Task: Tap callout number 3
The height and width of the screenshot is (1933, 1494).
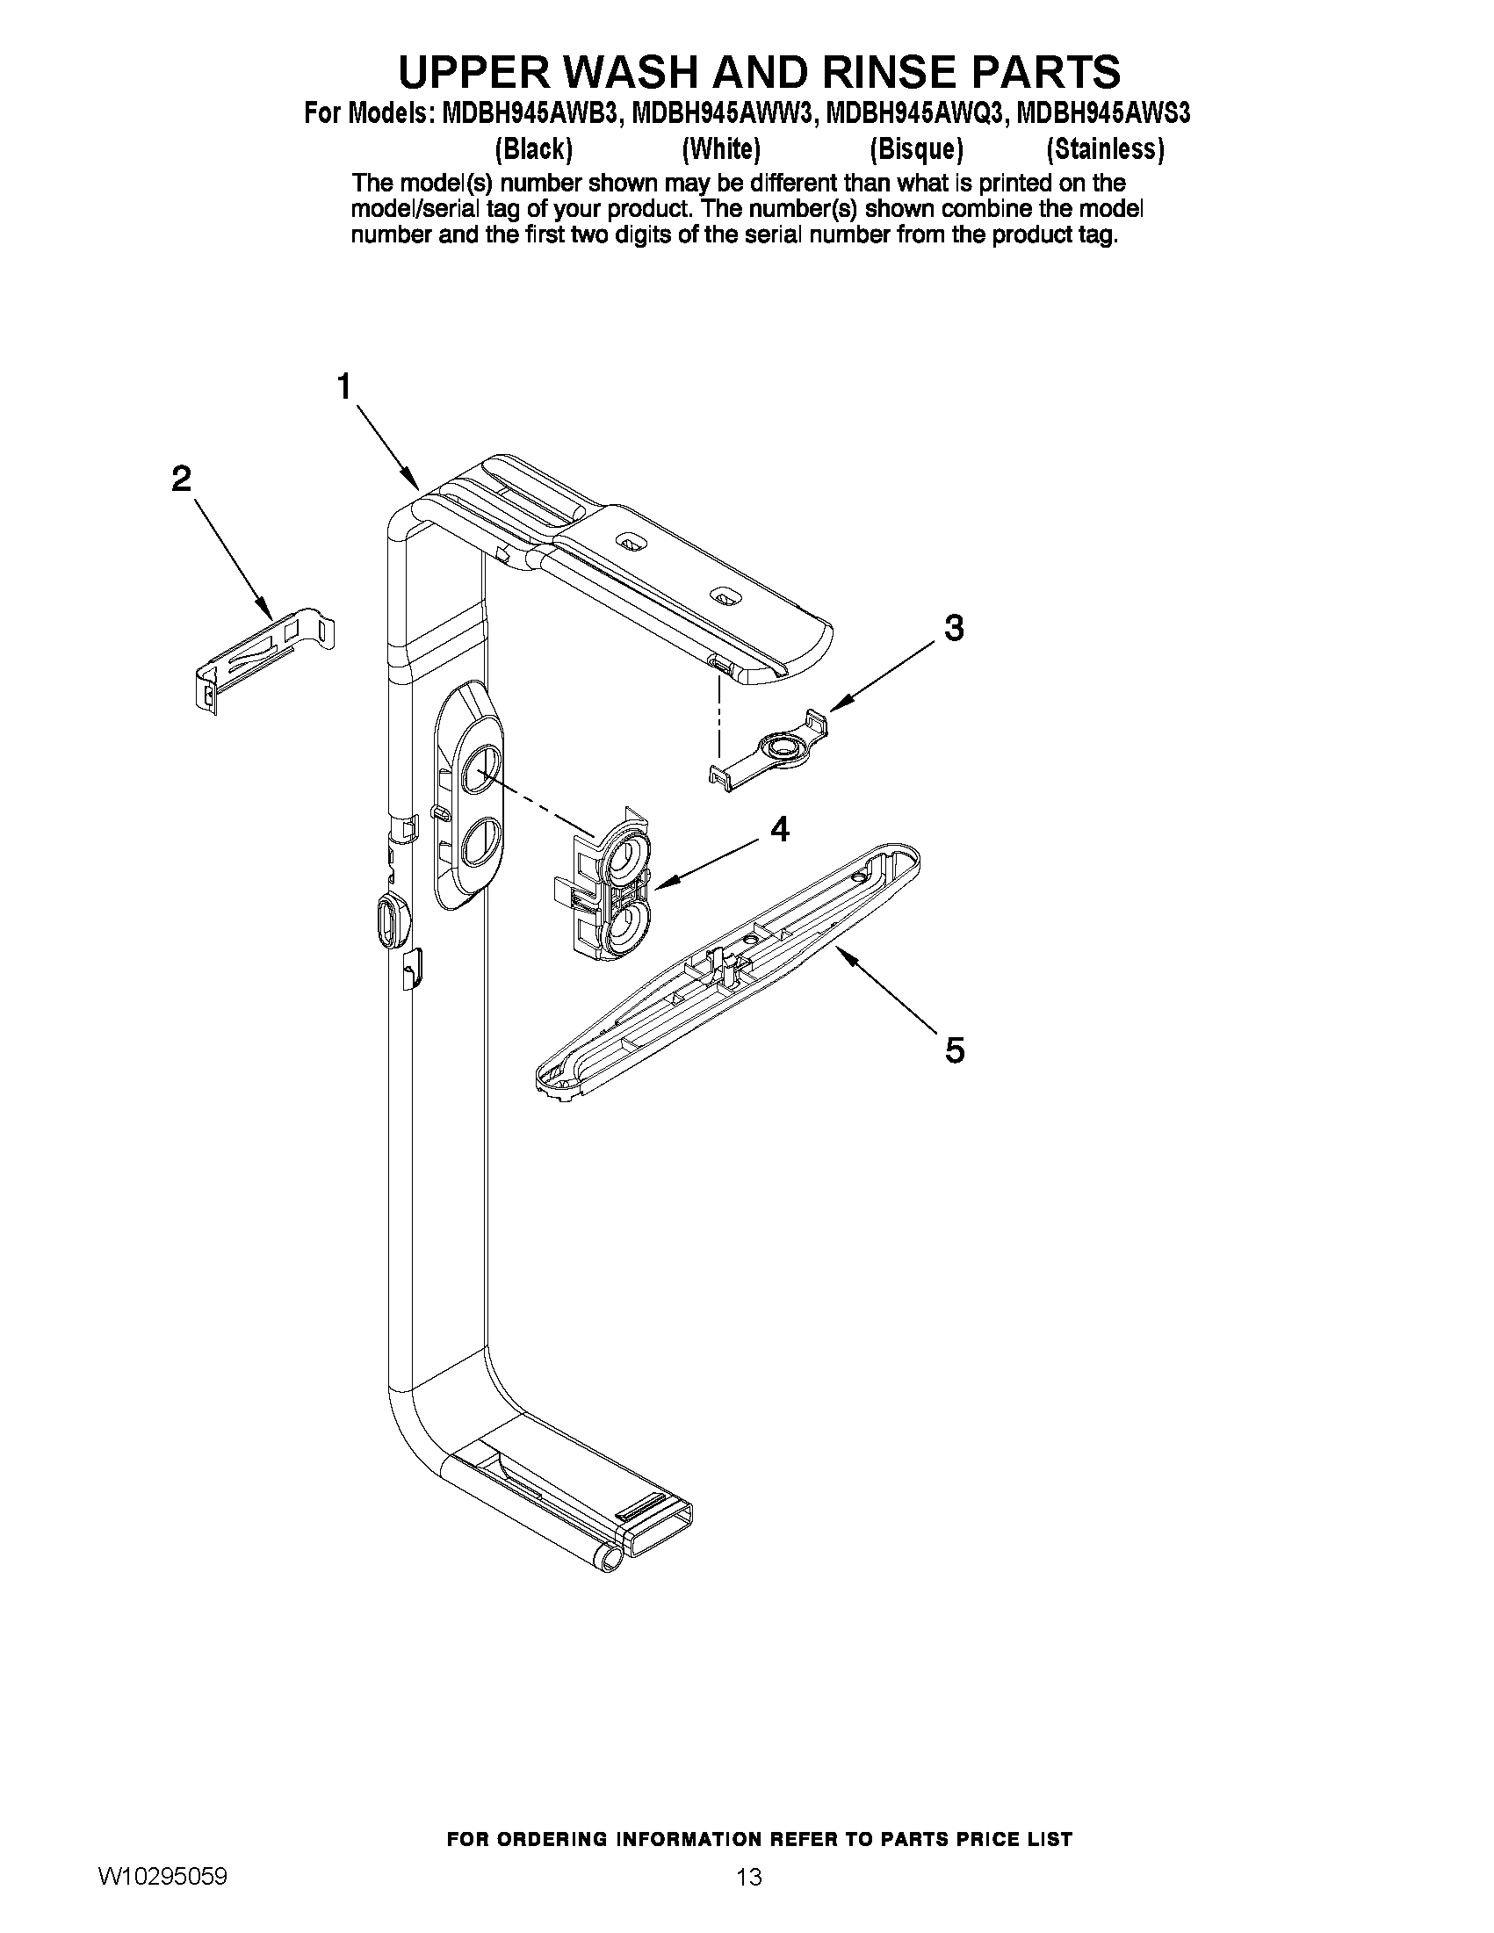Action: click(953, 628)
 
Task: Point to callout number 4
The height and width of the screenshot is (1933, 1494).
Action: click(779, 829)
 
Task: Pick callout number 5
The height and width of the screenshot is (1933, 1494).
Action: click(954, 1050)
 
